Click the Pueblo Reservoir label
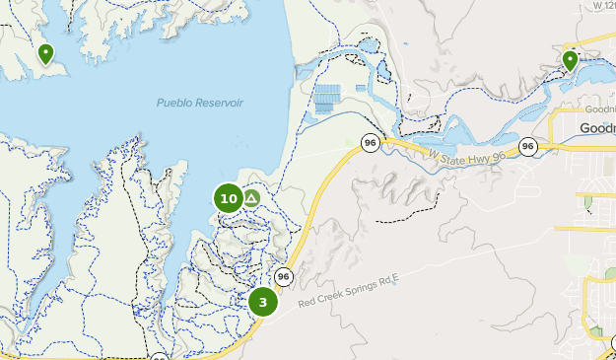coord(199,104)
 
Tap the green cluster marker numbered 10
coord(229,199)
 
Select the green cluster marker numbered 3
coord(263,302)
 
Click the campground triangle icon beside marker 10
coord(251,199)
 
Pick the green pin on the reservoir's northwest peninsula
coord(45,53)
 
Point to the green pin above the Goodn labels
coord(570,61)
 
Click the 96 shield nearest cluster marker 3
coord(284,276)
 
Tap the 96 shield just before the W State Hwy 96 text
coord(370,143)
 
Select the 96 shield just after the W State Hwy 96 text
coord(528,147)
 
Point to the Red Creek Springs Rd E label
coord(349,287)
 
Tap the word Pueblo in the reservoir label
coord(174,104)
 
